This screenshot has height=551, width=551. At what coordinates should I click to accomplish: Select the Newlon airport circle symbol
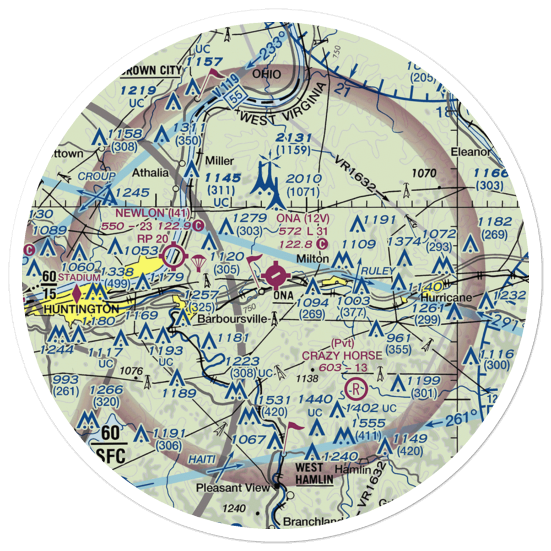175,255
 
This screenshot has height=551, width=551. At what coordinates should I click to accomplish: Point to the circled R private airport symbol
357,388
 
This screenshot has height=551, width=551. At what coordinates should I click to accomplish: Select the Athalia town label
150,173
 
